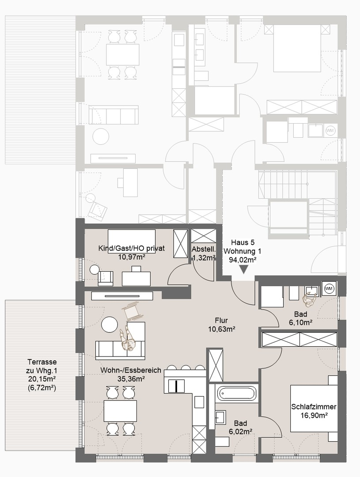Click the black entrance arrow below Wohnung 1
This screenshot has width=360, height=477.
[x=244, y=269]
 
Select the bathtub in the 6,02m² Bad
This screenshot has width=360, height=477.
[x=236, y=394]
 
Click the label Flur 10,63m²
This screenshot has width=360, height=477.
[x=221, y=325]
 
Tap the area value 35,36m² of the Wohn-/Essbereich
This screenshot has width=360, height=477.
[x=131, y=379]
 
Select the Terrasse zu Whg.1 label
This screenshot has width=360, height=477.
[x=42, y=366]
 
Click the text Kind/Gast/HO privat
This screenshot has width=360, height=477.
[x=132, y=249]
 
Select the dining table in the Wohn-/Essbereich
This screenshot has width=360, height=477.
[x=120, y=411]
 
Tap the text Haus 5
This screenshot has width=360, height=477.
[x=243, y=242]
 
